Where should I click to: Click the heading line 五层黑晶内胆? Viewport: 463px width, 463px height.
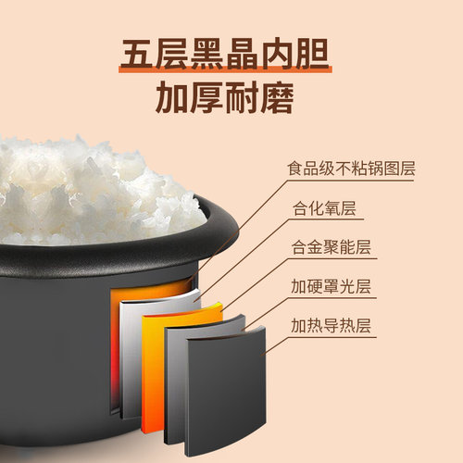pyautogui.click(x=231, y=53)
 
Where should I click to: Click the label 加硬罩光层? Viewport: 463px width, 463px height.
pyautogui.click(x=329, y=288)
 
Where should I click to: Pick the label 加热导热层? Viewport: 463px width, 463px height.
pyautogui.click(x=329, y=327)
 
